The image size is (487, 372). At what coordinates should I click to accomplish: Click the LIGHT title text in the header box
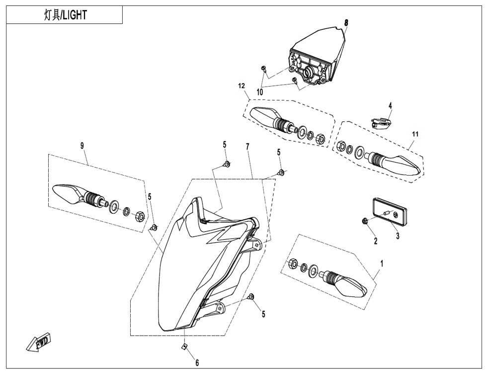click(x=65, y=15)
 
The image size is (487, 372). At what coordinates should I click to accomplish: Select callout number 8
click(x=346, y=23)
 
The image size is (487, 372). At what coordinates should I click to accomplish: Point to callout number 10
click(x=259, y=93)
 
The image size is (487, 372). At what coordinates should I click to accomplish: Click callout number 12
click(x=242, y=86)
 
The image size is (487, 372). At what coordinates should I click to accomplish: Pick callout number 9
click(x=82, y=146)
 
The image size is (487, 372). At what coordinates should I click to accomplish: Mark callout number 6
click(x=197, y=363)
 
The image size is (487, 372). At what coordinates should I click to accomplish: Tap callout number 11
click(x=415, y=134)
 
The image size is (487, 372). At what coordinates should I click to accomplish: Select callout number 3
click(x=398, y=237)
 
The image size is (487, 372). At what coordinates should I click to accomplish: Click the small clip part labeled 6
click(x=184, y=347)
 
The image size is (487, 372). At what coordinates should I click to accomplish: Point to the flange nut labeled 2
click(x=365, y=220)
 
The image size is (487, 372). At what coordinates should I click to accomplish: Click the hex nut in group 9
click(x=140, y=216)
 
